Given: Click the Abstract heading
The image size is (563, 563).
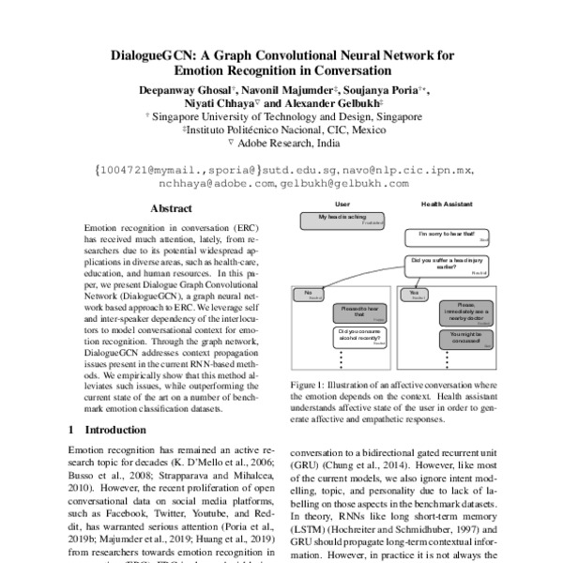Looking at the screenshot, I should [172, 209].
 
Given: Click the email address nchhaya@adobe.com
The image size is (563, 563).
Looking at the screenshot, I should [224, 185].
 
